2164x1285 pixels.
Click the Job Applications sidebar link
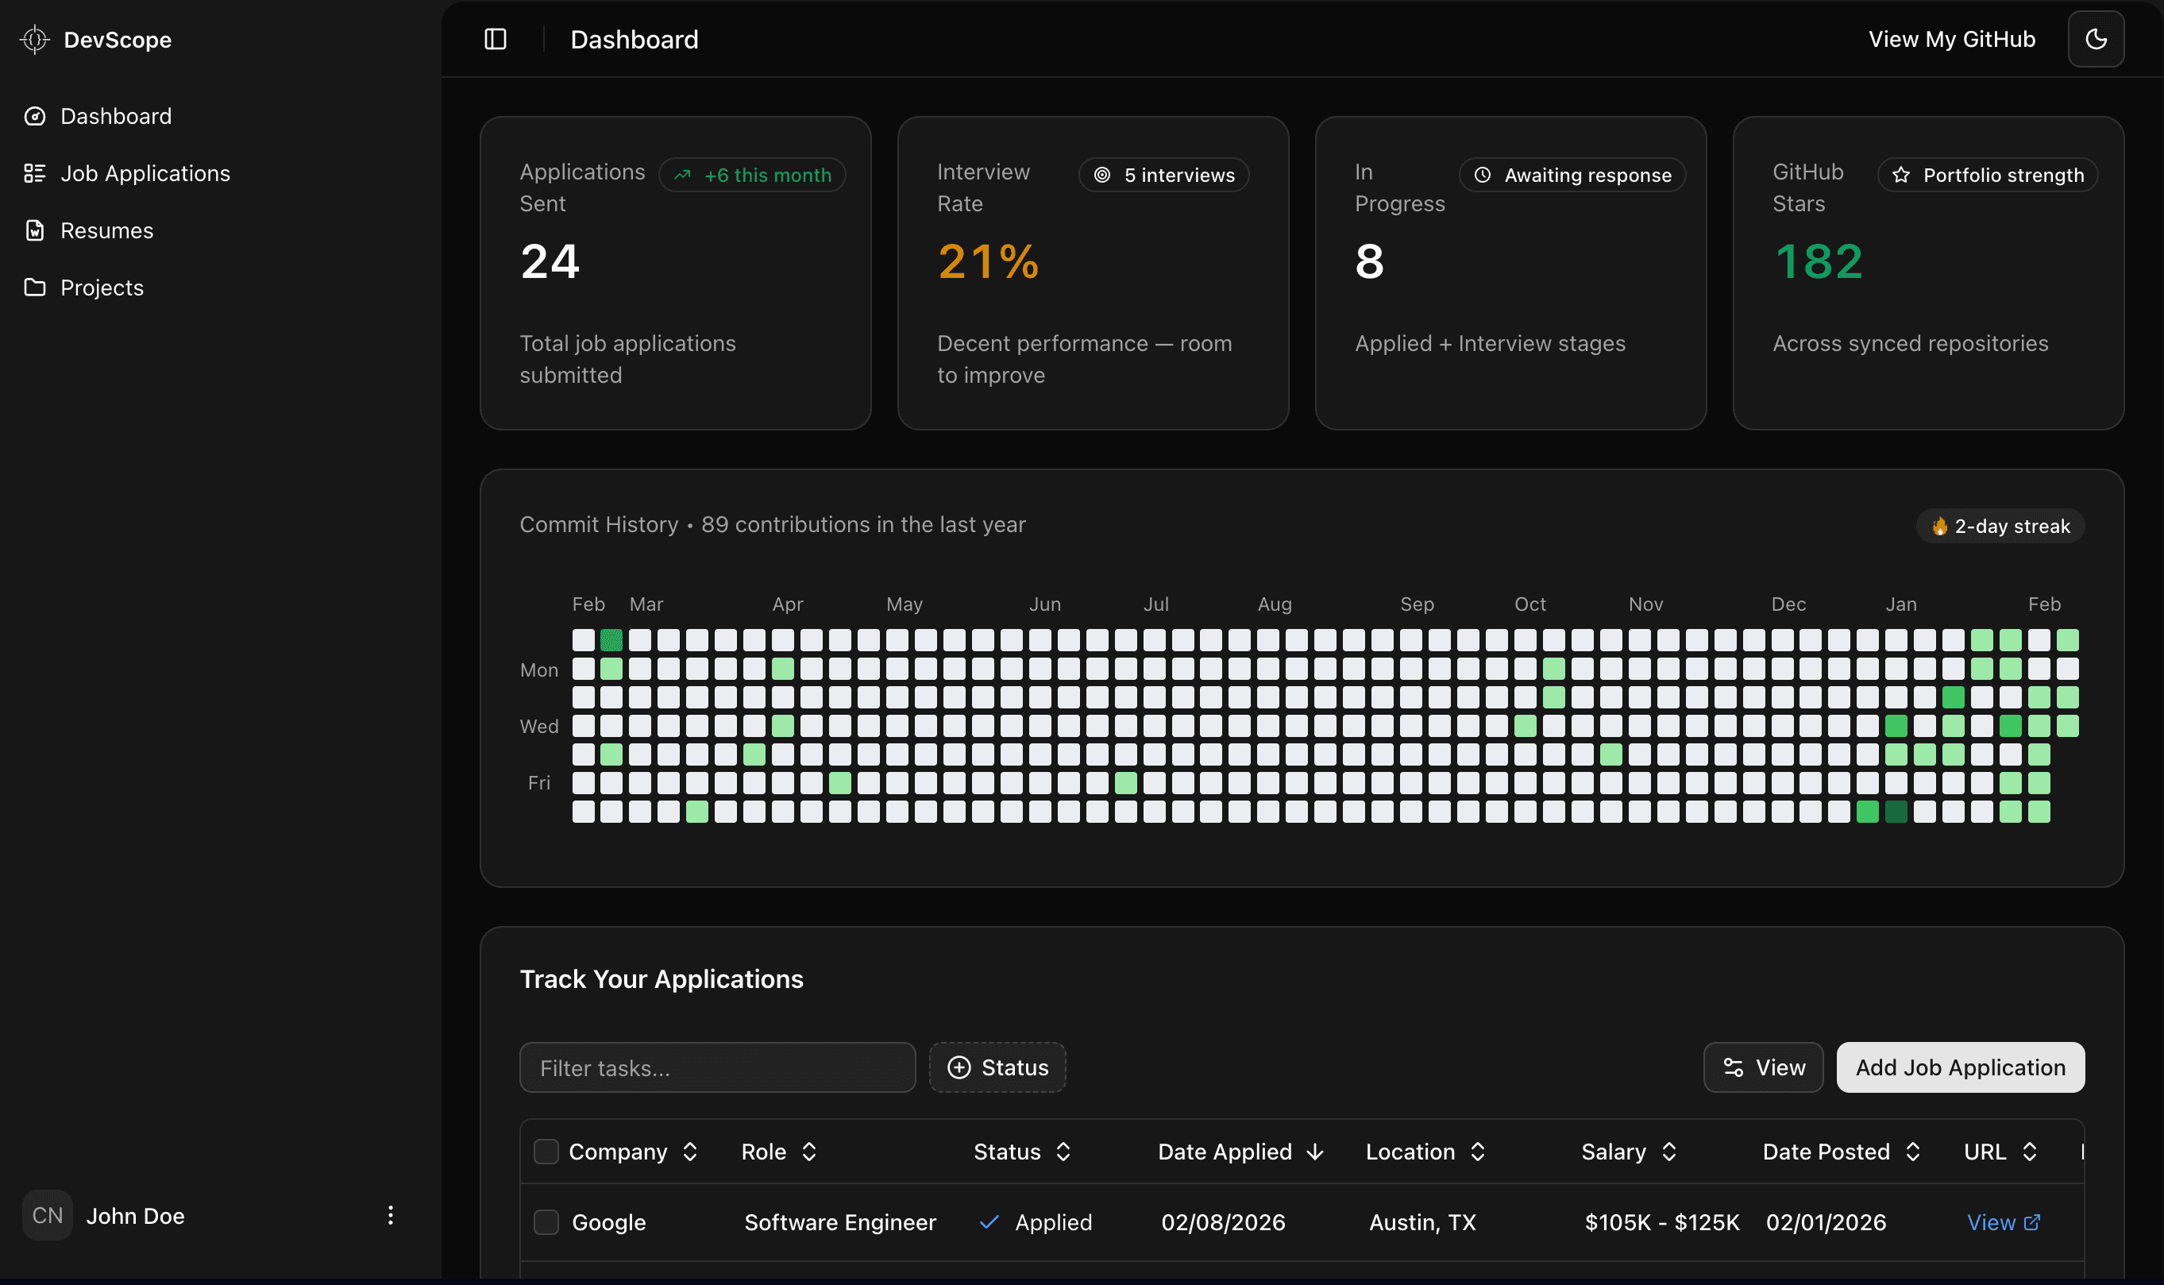click(145, 173)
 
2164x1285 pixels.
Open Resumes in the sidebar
click(106, 230)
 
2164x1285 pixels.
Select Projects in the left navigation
click(102, 287)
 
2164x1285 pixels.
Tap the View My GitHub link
click(1951, 39)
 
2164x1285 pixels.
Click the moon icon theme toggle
click(2096, 39)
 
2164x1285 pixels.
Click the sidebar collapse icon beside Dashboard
click(495, 39)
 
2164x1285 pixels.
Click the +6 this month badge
click(752, 175)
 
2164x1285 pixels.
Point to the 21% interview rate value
click(988, 261)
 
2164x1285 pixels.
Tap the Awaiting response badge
click(1573, 175)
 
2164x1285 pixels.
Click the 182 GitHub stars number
click(1818, 261)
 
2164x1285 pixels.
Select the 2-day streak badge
click(2000, 527)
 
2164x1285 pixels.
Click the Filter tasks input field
click(717, 1067)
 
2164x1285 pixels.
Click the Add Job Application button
click(1960, 1067)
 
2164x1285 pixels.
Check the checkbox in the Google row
click(546, 1222)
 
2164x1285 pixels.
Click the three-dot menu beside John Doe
click(391, 1216)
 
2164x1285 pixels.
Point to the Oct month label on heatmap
click(1529, 604)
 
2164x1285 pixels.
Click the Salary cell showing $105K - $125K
click(1661, 1222)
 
